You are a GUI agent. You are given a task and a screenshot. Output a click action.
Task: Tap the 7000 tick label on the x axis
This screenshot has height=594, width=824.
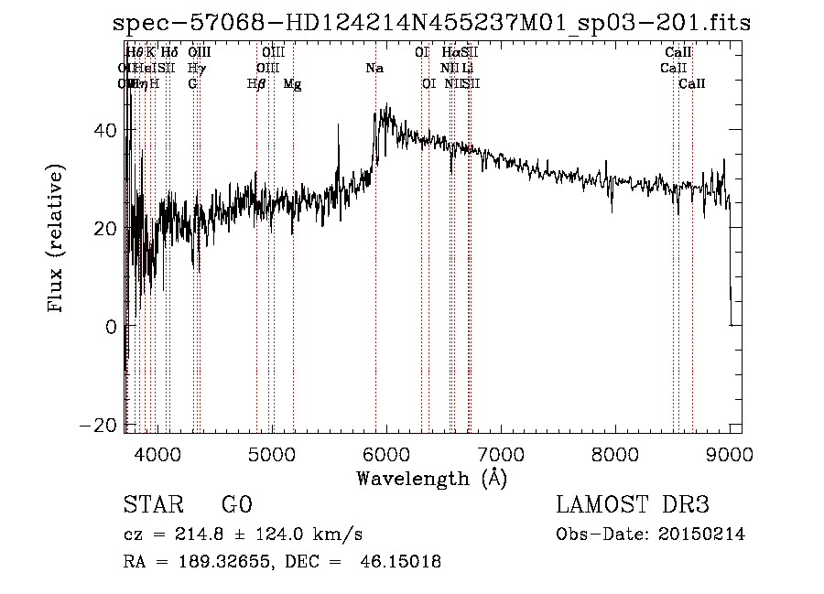[x=501, y=454]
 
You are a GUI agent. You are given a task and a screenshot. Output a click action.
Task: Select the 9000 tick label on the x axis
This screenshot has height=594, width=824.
[x=730, y=454]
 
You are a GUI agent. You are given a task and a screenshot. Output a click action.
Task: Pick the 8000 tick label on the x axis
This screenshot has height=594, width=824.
[x=615, y=454]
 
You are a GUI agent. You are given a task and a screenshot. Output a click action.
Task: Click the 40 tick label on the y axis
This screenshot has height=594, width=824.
[x=103, y=130]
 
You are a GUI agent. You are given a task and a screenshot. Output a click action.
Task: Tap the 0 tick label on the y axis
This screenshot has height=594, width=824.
[x=111, y=327]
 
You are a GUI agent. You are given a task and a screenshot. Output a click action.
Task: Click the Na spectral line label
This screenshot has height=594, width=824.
[x=374, y=69]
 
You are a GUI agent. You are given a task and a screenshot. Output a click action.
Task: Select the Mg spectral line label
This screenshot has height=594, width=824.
[x=293, y=84]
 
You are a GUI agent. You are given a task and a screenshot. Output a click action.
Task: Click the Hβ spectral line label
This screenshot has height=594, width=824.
[x=256, y=84]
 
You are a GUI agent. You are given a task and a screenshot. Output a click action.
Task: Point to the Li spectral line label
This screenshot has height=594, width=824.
[x=467, y=69]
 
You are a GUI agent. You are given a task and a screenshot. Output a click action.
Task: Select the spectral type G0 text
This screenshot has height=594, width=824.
[x=237, y=505]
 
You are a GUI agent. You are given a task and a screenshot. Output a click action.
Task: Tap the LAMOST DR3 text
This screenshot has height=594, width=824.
[x=633, y=505]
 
